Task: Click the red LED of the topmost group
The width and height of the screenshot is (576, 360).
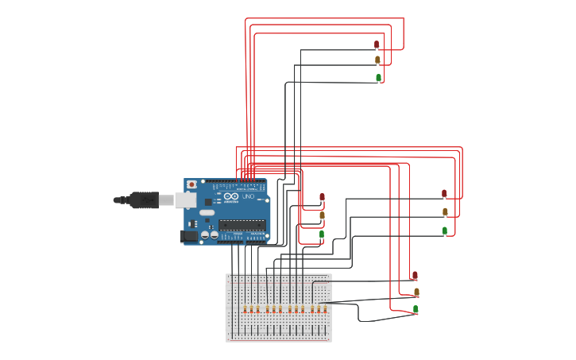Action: pos(377,45)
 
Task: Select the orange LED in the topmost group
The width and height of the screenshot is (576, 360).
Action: pos(378,60)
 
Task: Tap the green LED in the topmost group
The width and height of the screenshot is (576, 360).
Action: pos(378,78)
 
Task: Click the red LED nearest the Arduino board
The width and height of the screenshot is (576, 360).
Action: pos(322,197)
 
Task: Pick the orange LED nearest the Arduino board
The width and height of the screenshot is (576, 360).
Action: pos(322,215)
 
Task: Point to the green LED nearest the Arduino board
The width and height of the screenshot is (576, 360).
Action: pos(322,234)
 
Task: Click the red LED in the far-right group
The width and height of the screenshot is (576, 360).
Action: pos(444,193)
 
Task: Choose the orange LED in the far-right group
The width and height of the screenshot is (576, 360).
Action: pos(445,211)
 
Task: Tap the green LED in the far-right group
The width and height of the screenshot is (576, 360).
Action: pos(445,230)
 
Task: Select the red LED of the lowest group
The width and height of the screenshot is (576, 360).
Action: pos(415,275)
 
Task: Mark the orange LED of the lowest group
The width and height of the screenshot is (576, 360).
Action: pos(416,292)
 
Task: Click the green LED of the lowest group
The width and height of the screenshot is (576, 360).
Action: pos(416,308)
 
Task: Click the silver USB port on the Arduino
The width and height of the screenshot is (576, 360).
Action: pos(185,199)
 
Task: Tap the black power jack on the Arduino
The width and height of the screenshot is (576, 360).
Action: pos(189,235)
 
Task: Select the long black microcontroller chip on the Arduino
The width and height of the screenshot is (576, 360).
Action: pos(242,225)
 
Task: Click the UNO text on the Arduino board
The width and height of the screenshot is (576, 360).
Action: pos(248,195)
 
